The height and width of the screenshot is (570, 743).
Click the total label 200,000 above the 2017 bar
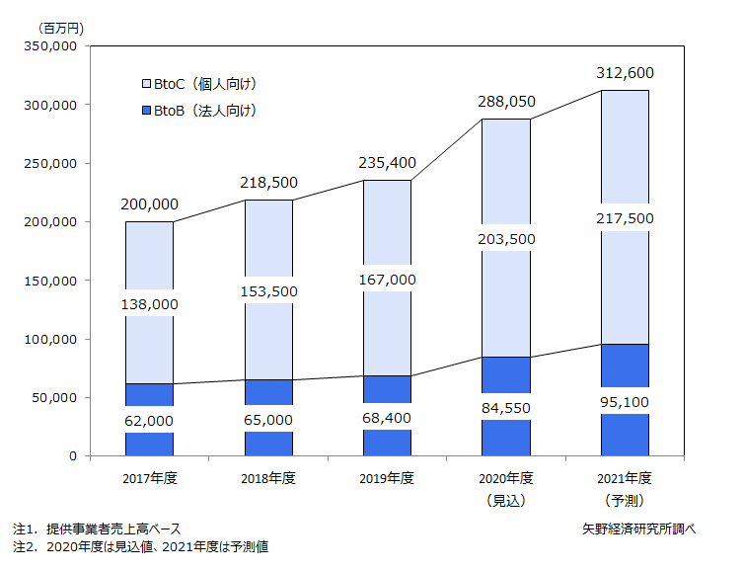pos(150,204)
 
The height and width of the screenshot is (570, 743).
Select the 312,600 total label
pos(625,73)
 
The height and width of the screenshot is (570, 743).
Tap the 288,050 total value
pos(506,102)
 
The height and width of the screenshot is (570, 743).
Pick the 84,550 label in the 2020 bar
pos(506,404)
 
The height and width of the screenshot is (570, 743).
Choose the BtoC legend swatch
pos(144,83)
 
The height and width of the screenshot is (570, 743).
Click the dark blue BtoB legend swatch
pos(144,111)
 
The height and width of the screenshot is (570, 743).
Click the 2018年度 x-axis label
pos(268,479)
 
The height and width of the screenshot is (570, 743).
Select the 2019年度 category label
pos(387,479)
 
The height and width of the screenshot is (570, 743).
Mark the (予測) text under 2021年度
pos(625,501)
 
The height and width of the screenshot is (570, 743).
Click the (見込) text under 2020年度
pos(506,501)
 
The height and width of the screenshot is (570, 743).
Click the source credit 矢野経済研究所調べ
pos(638,529)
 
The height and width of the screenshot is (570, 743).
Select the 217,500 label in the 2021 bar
pos(625,217)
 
